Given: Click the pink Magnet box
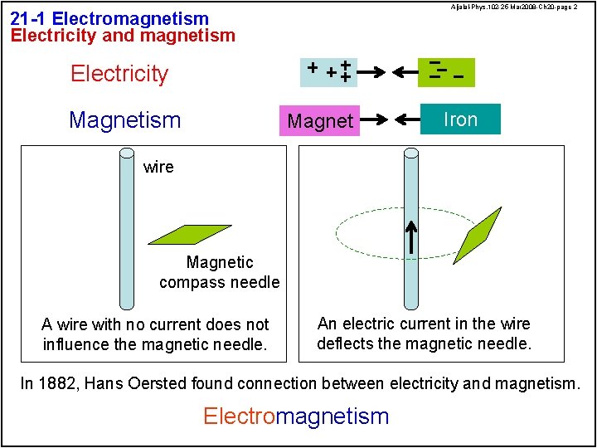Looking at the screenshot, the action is point(320,121).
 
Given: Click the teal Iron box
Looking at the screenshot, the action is point(460,119).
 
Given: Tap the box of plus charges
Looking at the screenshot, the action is point(328,72).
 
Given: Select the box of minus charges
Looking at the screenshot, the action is point(446,72).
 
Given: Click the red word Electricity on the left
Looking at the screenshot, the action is point(119,74).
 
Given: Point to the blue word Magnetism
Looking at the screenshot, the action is point(125,120).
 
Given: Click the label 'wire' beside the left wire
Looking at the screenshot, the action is point(158,167).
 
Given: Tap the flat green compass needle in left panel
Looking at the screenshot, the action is point(189,234).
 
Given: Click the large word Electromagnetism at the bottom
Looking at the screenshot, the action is point(296,416).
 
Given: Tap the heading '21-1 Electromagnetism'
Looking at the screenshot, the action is point(109,18).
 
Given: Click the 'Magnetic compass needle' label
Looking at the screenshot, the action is point(220,272).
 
